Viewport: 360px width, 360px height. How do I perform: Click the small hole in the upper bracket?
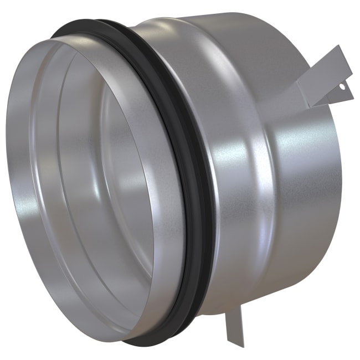click(x=342, y=86)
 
